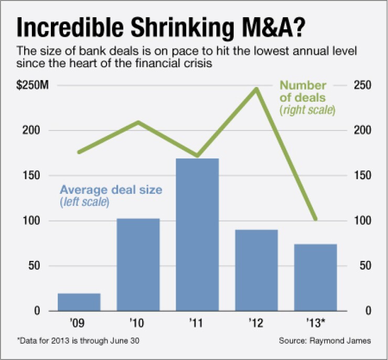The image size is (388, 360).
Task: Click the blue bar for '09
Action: (79, 302)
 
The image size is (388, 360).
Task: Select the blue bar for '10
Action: (138, 265)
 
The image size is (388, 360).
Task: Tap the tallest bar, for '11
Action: (197, 234)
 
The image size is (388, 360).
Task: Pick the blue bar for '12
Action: (256, 270)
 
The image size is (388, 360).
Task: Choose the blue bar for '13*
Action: (316, 277)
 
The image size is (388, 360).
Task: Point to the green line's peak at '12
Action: (256, 89)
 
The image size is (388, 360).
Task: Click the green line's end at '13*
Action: (315, 219)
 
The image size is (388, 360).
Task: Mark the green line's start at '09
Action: (79, 152)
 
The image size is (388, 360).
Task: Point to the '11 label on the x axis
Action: (197, 322)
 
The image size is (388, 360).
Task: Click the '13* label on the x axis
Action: (316, 322)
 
